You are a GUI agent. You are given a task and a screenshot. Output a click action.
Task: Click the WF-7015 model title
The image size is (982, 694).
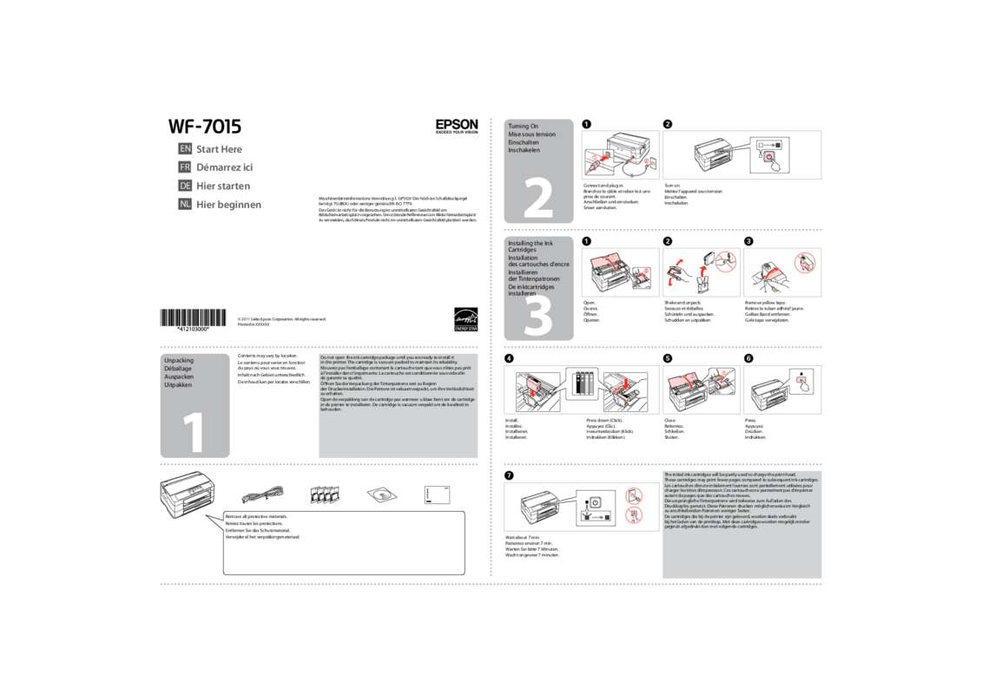[205, 127]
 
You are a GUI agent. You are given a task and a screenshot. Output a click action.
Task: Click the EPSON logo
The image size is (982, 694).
[457, 127]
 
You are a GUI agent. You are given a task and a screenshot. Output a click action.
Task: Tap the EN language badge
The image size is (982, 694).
[184, 149]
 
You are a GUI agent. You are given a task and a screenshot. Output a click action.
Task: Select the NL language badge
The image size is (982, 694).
[184, 205]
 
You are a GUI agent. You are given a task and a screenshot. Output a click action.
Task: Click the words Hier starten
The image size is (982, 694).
[223, 186]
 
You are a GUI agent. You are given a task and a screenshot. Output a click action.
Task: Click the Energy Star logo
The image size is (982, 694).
[465, 319]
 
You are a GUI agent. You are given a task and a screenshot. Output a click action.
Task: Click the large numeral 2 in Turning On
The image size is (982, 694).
[539, 199]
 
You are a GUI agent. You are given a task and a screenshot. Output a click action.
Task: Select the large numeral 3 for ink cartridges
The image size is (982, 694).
[539, 317]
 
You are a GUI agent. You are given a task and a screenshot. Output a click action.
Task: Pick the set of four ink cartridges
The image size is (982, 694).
[323, 495]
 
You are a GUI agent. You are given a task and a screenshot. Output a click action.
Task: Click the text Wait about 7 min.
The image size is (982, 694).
[522, 538]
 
